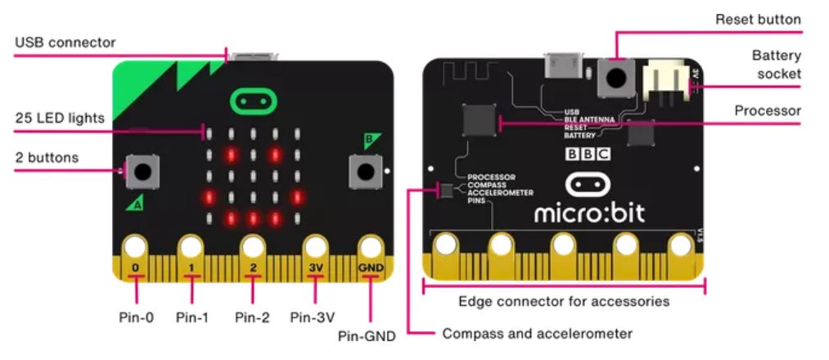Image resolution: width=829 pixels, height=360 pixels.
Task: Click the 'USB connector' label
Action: [x=65, y=43]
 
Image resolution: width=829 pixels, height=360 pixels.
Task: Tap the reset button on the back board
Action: [x=616, y=79]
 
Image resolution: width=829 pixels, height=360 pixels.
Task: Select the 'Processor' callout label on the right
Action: [x=768, y=110]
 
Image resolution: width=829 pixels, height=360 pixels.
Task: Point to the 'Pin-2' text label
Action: [x=252, y=317]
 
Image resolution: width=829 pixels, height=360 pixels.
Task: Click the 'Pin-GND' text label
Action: [x=367, y=335]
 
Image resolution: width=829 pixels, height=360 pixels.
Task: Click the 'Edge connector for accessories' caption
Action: [x=564, y=301]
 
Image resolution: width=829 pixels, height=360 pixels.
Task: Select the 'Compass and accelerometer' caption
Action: [x=537, y=334]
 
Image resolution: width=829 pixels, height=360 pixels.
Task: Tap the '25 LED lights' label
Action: [x=60, y=118]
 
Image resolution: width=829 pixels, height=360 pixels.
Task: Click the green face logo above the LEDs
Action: [x=253, y=101]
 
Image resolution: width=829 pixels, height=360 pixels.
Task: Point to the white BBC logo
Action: [x=588, y=154]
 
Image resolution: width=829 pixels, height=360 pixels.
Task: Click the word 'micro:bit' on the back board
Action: [x=589, y=213]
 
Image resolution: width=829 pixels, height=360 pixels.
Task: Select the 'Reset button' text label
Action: [x=758, y=20]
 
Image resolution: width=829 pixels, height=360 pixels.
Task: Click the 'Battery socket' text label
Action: [x=776, y=65]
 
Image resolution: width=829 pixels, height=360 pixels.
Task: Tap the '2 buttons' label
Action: [x=47, y=158]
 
